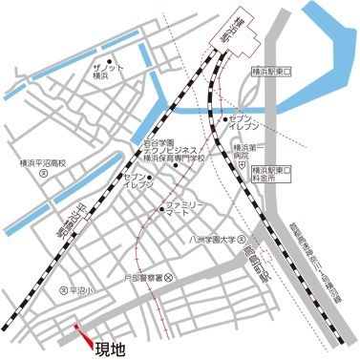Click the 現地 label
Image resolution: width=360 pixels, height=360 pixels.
112,349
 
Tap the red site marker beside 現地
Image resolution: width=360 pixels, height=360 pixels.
84,336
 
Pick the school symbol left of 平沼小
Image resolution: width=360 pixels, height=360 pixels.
64,290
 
